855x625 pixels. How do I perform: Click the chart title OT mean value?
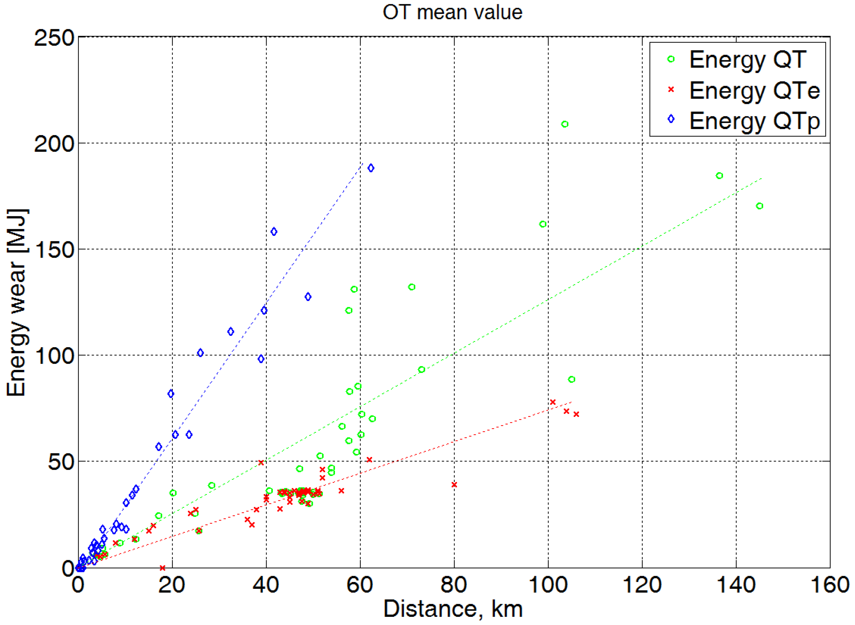tap(452, 12)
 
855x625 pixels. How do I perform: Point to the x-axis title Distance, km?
tap(453, 609)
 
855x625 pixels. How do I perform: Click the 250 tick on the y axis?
tap(54, 38)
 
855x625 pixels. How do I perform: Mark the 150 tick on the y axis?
tap(54, 250)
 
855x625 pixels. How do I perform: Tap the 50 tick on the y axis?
tap(61, 462)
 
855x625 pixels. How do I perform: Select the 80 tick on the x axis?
tap(454, 585)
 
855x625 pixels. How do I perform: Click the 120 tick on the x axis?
tap(642, 585)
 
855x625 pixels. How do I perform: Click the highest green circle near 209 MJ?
tap(564, 124)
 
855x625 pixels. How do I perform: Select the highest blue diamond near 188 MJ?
tap(370, 168)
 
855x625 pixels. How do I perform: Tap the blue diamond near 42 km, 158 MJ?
tap(274, 232)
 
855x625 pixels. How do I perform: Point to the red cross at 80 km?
tap(454, 485)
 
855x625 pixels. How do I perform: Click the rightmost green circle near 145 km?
tap(759, 206)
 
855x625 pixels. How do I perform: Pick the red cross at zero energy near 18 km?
tap(162, 568)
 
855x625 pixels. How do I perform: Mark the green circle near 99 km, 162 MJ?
tap(543, 224)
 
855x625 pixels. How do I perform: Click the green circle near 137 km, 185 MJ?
tap(719, 176)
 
